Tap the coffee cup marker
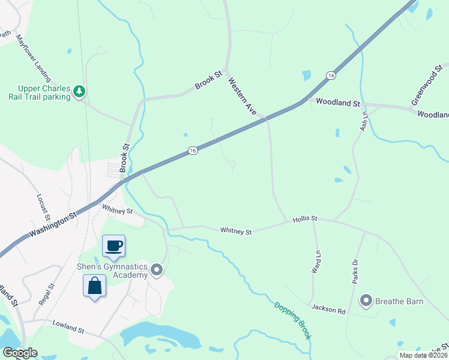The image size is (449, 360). pyautogui.click(x=113, y=245)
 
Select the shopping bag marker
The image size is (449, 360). pyautogui.click(x=95, y=286)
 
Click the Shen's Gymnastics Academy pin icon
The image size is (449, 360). pyautogui.click(x=157, y=271)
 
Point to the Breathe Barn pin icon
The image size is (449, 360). pyautogui.click(x=366, y=300)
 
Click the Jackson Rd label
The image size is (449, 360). pyautogui.click(x=328, y=310)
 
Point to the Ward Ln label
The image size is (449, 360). pyautogui.click(x=315, y=262)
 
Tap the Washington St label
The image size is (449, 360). pyautogui.click(x=52, y=222)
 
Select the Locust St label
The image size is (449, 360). pyautogui.click(x=44, y=206)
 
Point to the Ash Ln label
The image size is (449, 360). pyautogui.click(x=363, y=121)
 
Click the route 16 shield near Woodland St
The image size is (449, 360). pyautogui.click(x=331, y=75)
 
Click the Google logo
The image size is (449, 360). pyautogui.click(x=19, y=353)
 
